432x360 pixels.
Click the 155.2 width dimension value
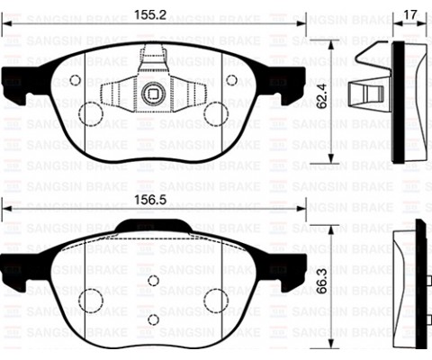tap(151, 16)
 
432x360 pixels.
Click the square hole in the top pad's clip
tap(151, 90)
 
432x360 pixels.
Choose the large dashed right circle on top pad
tap(216, 113)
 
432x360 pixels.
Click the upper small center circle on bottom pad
tap(152, 282)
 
